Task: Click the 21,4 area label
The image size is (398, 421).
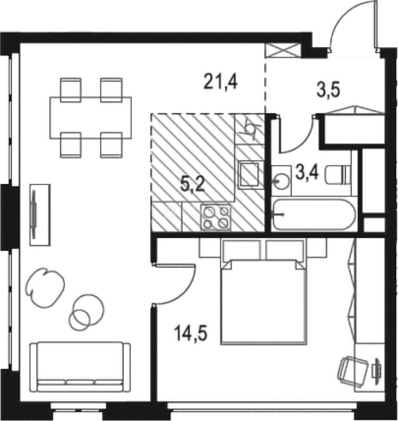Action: click(220, 82)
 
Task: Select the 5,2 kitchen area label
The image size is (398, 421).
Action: click(193, 184)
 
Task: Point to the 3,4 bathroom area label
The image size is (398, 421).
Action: click(307, 172)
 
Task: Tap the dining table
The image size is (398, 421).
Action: click(90, 118)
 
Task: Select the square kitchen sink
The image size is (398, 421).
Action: click(249, 174)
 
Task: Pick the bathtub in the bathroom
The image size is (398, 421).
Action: click(313, 214)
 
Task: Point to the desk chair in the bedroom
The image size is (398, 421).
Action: click(352, 371)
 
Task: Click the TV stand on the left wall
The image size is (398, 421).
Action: click(40, 214)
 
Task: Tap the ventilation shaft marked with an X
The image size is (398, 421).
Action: click(282, 51)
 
